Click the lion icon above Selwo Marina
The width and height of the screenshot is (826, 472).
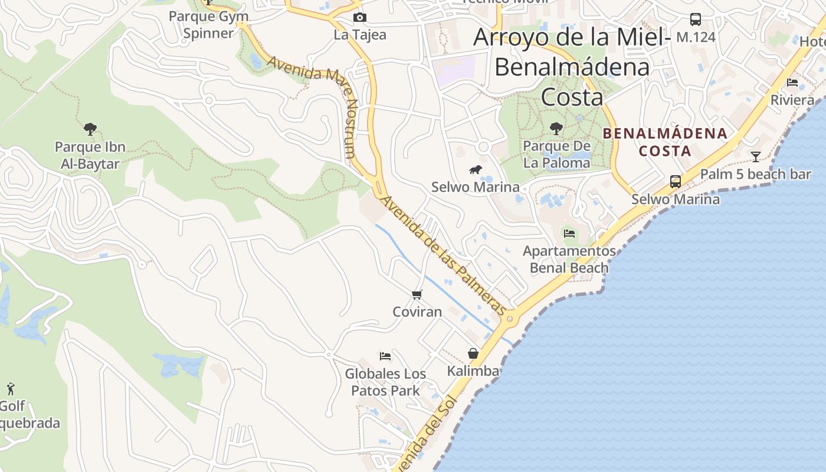pos(476,171)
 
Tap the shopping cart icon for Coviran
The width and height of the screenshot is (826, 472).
pos(417,294)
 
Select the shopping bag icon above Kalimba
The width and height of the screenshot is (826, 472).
pos(473,353)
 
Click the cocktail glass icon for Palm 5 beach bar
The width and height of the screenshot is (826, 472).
pos(756,156)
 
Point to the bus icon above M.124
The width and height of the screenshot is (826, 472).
pos(696,19)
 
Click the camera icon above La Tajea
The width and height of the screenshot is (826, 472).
pos(359,18)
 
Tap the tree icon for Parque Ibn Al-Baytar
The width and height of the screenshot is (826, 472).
pos(90,129)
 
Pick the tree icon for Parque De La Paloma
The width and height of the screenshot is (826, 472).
pos(556,128)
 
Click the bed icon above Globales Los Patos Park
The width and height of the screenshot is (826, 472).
pos(385,356)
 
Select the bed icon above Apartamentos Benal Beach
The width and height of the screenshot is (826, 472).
pos(569,234)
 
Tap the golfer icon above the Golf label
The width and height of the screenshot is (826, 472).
pos(10,389)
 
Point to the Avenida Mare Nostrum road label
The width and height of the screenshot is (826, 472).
pos(313,106)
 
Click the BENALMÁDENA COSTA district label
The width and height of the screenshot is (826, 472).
pos(665,142)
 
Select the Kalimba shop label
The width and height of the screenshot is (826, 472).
pos(473,371)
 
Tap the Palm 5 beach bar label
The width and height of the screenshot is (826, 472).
pos(755,174)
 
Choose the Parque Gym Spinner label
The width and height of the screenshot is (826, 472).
pos(208,24)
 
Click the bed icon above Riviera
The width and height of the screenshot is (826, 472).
pos(792,83)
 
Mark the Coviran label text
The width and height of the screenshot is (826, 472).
pos(417,312)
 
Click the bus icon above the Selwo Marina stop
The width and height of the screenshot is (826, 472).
pos(676,182)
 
